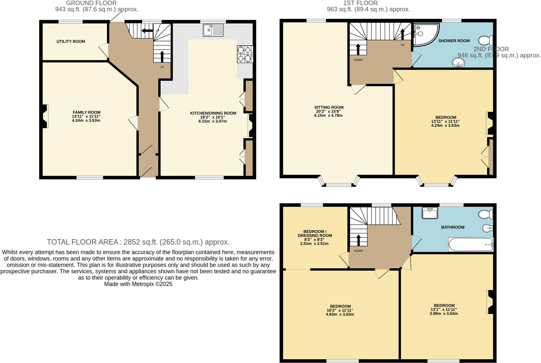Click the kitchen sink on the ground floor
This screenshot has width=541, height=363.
213,30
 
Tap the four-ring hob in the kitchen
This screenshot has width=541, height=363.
245,54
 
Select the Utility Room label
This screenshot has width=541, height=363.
71,42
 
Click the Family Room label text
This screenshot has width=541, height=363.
86,112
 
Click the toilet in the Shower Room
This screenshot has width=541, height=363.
485,40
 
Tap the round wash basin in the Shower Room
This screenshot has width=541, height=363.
458,63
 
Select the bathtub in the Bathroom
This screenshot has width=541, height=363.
470,245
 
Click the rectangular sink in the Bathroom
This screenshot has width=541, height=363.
430,213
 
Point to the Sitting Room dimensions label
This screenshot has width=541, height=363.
329,113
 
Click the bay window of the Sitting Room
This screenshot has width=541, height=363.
339,184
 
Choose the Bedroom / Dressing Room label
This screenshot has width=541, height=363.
315,233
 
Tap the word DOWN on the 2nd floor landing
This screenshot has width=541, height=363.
358,251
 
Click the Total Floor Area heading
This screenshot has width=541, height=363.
138,242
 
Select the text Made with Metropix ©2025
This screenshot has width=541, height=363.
138,284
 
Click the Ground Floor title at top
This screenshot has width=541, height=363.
91,3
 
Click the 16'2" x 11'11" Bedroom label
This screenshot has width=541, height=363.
340,310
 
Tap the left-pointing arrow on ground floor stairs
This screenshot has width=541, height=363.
147,31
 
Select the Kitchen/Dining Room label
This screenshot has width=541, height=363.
213,113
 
